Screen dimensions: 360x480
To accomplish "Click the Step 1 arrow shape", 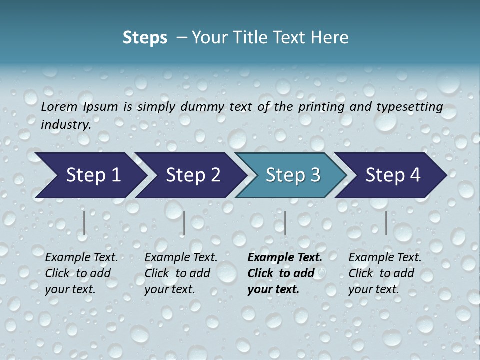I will point(90,175).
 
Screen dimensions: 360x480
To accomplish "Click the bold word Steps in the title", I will point(145,38).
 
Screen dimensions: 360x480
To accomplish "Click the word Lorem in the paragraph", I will point(59,106).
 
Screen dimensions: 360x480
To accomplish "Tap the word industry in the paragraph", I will point(65,124).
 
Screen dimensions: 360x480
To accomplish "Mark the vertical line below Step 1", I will point(84,223).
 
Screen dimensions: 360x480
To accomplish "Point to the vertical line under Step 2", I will point(184,223).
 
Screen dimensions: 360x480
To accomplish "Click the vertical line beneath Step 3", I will point(285,223).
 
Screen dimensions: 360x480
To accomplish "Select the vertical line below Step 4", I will point(386,223).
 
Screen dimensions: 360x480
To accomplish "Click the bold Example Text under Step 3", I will point(285,257).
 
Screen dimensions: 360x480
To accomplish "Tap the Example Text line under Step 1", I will point(81,257).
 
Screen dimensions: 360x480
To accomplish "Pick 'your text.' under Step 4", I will point(373,289).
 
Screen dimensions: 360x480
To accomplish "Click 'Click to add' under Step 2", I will point(177,273).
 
